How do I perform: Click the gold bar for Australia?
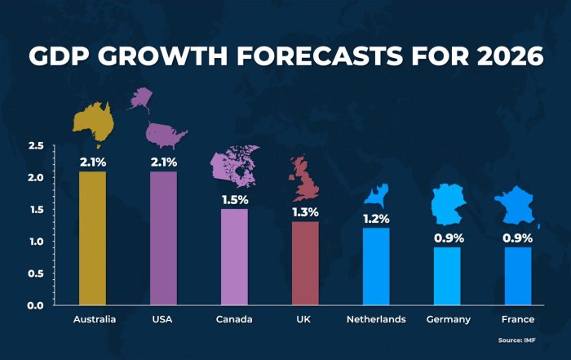pos(92,238)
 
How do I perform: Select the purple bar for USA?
pos(163,238)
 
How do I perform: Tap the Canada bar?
pos(235,257)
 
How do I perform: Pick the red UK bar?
pos(305,263)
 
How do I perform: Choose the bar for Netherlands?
pos(376,266)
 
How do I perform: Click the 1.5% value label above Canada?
pos(235,200)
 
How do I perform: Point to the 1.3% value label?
pos(306,212)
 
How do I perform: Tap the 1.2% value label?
pos(376,219)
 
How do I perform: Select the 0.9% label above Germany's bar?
pos(449,238)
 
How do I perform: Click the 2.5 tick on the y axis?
pos(36,146)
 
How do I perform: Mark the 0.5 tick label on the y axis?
pos(36,273)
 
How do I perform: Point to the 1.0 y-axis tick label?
pos(37,241)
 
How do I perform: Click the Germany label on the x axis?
pos(449,320)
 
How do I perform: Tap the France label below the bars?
pos(518,319)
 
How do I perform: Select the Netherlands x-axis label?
pos(376,319)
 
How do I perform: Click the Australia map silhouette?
pos(93,122)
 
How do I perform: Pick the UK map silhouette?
pos(303,179)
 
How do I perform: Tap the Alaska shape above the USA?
pos(140,99)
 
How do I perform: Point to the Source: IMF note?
pos(516,340)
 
